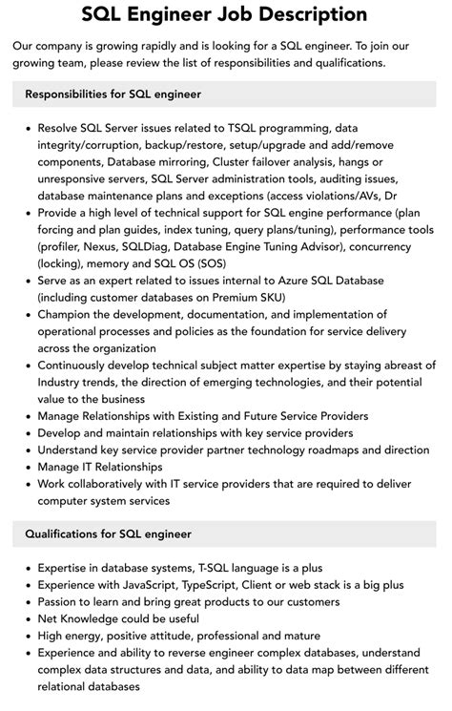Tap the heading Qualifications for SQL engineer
(x=109, y=533)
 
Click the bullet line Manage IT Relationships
(x=100, y=467)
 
